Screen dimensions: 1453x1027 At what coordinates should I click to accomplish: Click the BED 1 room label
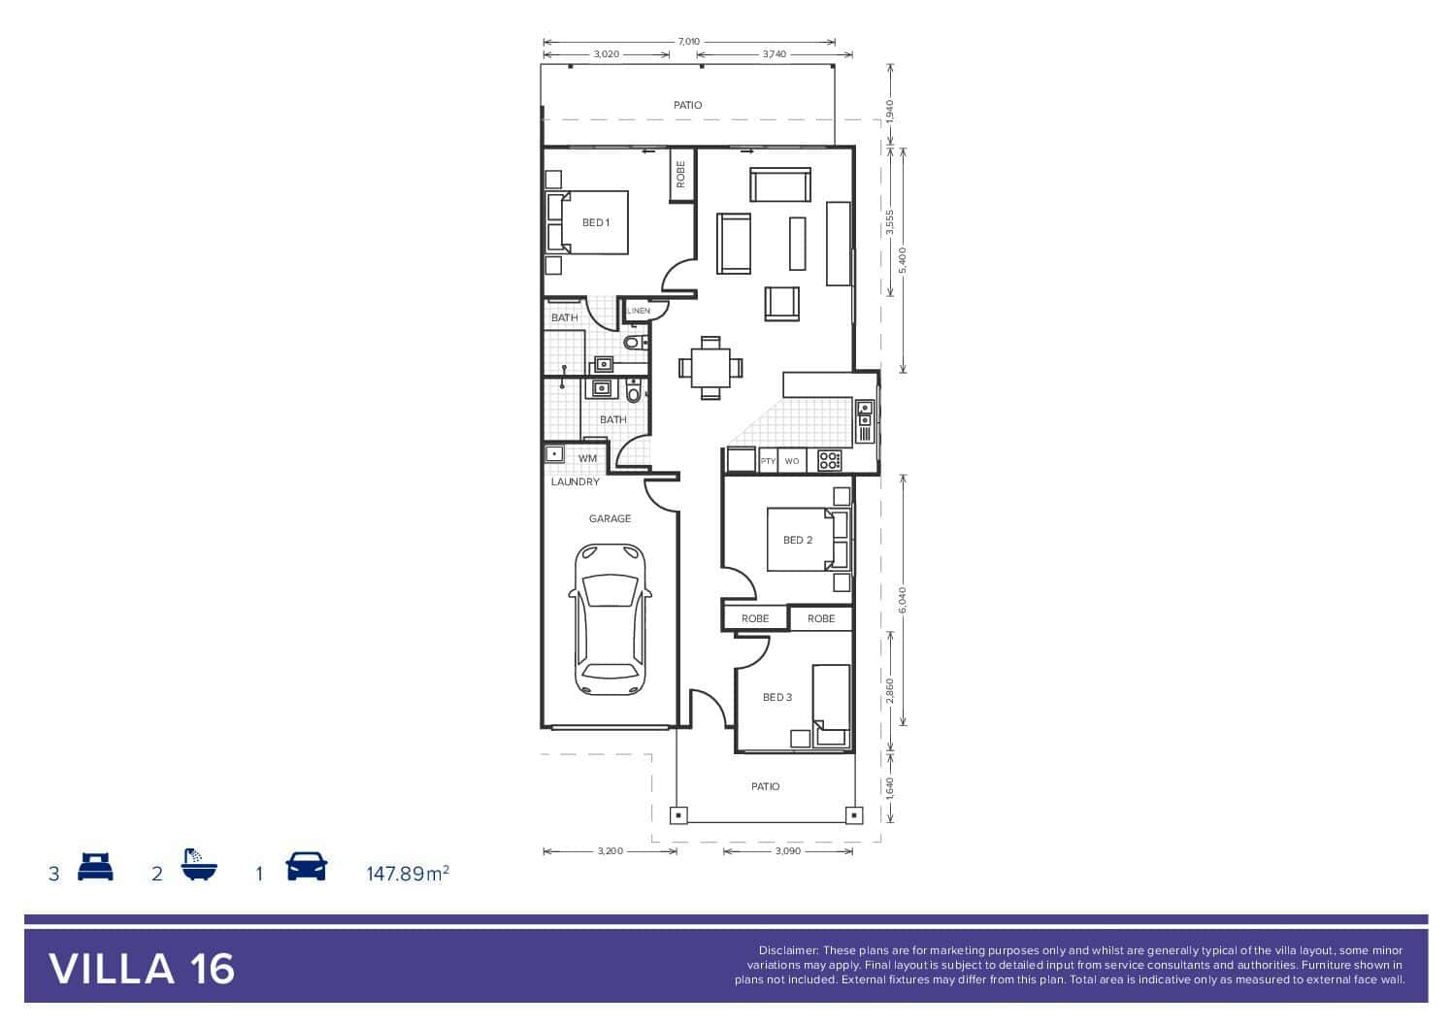(596, 222)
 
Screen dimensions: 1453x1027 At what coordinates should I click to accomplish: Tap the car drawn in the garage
(610, 619)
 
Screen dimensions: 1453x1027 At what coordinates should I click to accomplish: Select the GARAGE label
(610, 518)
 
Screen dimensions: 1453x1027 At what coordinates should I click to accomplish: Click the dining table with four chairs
(710, 368)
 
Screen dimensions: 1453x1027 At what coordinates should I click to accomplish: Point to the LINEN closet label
(639, 311)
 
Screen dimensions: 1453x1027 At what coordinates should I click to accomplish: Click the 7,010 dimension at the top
(689, 42)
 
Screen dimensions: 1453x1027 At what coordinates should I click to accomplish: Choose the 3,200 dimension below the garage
(611, 850)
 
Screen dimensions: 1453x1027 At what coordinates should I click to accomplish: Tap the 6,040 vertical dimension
(903, 600)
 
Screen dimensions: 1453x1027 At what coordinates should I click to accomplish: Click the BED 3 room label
(777, 697)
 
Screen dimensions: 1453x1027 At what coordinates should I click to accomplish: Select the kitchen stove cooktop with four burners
(830, 461)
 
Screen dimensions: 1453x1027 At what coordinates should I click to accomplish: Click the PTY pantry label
(768, 461)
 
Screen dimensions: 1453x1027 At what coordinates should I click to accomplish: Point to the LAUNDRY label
(576, 482)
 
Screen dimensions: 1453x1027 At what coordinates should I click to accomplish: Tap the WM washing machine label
(587, 459)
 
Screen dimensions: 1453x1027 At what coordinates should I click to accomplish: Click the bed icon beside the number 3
(95, 867)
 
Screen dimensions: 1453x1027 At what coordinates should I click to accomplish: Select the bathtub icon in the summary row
(199, 865)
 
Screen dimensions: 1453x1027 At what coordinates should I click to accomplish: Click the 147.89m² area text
(408, 874)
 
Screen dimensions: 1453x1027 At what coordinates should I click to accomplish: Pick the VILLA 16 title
(142, 970)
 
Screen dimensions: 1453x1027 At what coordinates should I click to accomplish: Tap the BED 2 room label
(798, 540)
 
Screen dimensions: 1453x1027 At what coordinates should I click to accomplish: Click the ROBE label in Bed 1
(680, 175)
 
